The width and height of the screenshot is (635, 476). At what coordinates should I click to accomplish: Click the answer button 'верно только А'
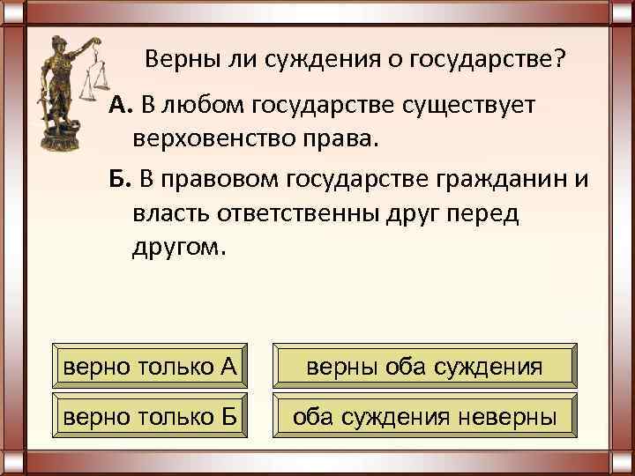tap(149, 366)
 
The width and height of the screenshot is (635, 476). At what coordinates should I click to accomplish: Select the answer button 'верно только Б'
tap(149, 414)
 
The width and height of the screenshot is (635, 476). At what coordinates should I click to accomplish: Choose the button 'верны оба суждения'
tap(424, 366)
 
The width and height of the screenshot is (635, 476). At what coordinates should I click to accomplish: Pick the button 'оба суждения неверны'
tap(424, 414)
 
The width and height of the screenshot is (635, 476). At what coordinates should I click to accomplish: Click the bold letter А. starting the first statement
tap(120, 107)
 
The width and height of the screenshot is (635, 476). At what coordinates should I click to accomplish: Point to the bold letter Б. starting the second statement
tap(120, 179)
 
